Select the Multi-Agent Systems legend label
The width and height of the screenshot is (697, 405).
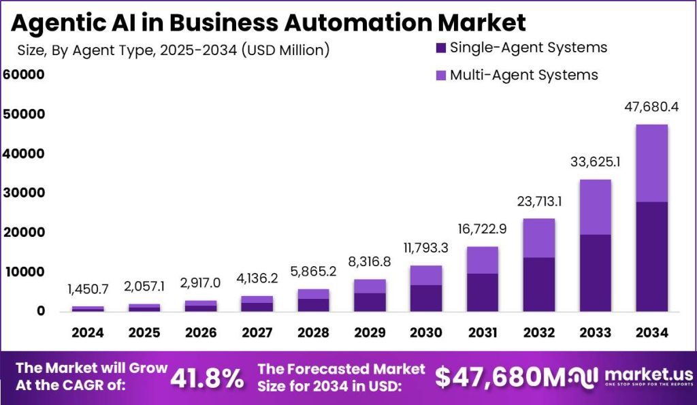523,75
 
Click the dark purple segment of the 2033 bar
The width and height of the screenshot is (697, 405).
596,272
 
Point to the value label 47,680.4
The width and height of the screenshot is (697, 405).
652,108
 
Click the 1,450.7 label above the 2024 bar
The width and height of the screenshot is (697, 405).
88,290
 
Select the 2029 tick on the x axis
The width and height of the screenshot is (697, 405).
370,333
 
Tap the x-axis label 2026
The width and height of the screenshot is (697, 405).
201,333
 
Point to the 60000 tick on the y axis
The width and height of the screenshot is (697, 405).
24,74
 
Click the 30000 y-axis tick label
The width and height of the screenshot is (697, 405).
24,193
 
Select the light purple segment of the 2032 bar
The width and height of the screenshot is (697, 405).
539,238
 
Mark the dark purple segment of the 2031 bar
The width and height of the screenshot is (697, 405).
483,293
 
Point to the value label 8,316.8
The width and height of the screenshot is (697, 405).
370,263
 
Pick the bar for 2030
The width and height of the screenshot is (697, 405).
427,289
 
